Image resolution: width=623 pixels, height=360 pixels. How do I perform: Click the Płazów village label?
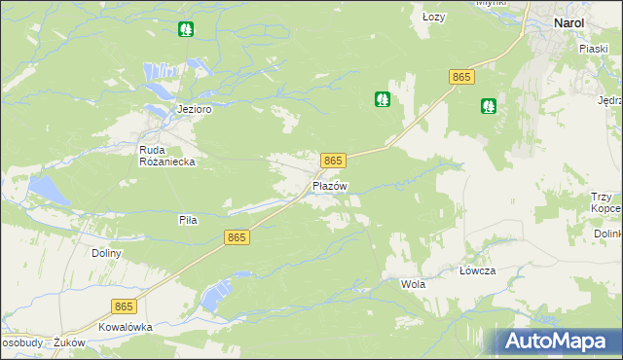[x=330, y=186]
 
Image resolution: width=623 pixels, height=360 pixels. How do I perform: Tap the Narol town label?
[x=568, y=22]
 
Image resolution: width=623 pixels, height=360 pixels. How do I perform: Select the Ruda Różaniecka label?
[x=168, y=157]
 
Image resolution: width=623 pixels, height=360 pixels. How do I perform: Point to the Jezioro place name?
[x=195, y=109]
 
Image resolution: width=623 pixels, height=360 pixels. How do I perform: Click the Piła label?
[x=188, y=220]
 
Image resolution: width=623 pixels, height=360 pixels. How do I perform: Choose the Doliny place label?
[x=106, y=253]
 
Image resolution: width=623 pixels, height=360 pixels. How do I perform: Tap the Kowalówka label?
[x=126, y=327]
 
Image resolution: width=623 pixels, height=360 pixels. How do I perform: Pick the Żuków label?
[x=70, y=342]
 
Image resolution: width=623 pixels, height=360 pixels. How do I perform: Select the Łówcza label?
[x=478, y=271]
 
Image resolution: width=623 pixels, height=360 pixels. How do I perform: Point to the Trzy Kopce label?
[x=605, y=202]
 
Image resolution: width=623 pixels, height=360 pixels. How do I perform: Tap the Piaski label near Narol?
[x=594, y=47]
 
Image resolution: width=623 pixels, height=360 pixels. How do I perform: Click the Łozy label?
[x=434, y=17]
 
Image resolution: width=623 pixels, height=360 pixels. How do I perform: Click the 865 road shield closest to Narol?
[x=461, y=76]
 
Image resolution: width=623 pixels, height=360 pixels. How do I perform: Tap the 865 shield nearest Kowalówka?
[x=123, y=306]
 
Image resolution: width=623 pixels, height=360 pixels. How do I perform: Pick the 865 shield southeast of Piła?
[x=237, y=237]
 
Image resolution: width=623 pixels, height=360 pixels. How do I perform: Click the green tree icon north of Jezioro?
[x=186, y=29]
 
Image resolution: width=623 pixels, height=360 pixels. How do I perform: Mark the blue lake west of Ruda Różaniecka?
[x=48, y=189]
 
